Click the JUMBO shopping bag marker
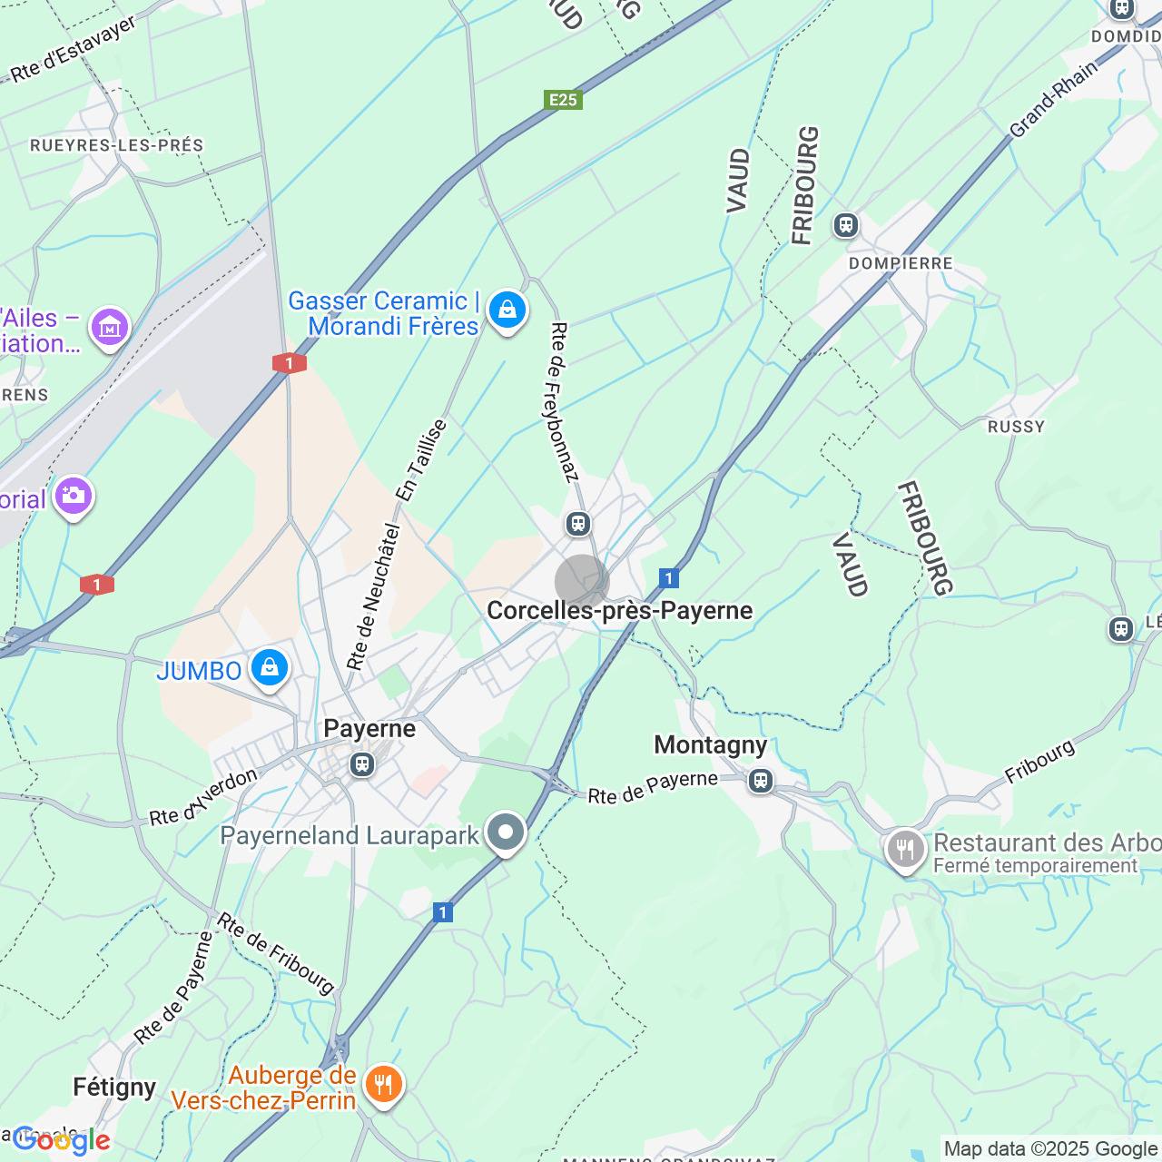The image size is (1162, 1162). [x=269, y=669]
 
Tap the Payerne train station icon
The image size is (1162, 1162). [x=362, y=764]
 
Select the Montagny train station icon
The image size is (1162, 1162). [x=761, y=780]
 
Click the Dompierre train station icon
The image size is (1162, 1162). [x=846, y=224]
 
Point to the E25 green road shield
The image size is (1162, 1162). [x=563, y=100]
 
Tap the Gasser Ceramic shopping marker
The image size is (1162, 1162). [x=507, y=310]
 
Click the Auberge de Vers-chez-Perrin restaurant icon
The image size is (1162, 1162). [x=383, y=1084]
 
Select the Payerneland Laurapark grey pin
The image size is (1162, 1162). [x=506, y=832]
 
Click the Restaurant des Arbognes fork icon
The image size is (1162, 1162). [x=904, y=851]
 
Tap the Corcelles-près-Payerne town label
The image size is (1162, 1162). [x=620, y=610]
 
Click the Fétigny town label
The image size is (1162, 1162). [x=114, y=1087]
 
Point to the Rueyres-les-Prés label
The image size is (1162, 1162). [x=117, y=145]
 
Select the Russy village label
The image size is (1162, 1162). [x=1016, y=427]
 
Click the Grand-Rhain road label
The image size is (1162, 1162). [x=1053, y=99]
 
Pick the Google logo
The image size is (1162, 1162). [x=62, y=1140]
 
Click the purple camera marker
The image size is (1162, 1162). [x=74, y=496]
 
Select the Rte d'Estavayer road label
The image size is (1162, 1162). [x=74, y=49]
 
